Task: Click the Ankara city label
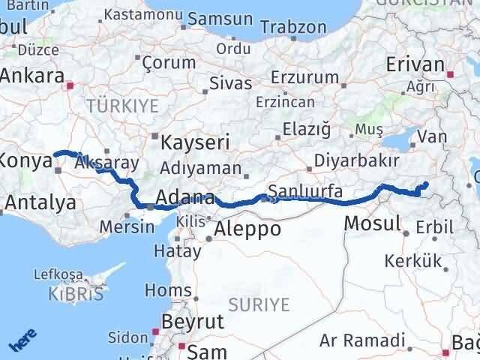[x=31, y=76]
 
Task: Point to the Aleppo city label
[x=247, y=229]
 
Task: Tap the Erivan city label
[x=415, y=64]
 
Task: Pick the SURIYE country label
[x=259, y=304]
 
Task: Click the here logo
[x=22, y=341]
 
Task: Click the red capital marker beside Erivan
[x=451, y=74]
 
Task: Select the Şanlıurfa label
[x=305, y=191]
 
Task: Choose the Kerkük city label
[x=409, y=262]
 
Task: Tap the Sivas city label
[x=230, y=82]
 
